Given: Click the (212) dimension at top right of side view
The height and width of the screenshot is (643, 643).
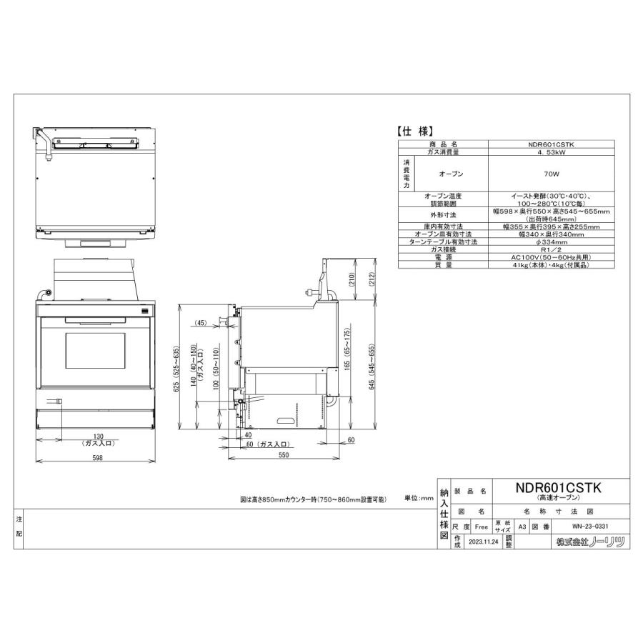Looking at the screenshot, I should pos(371,282).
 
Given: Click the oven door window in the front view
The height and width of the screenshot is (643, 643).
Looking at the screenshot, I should pos(94,354).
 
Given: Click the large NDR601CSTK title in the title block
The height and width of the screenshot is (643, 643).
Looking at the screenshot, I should pos(559,487).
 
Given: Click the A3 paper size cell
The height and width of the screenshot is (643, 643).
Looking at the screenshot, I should pos(522,527).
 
